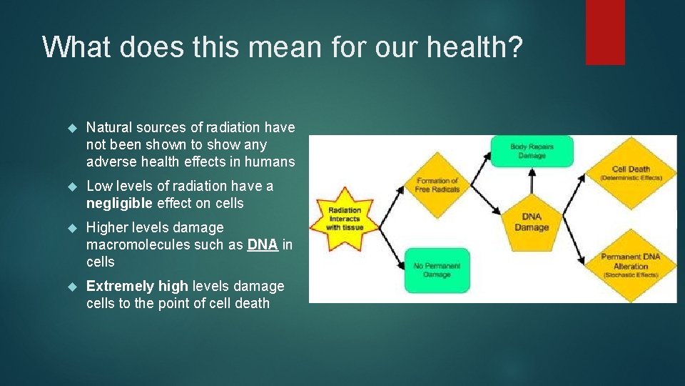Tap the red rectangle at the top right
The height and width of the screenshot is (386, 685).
pos(605,32)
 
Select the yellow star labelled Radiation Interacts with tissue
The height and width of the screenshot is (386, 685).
pos(345,219)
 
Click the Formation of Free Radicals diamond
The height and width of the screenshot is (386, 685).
pos(437,185)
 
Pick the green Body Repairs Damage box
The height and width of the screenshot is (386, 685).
pos(531,151)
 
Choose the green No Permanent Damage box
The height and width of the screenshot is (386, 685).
pos(437,269)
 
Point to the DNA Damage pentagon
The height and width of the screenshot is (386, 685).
pos(532,222)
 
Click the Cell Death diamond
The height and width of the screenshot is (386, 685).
pos(630,172)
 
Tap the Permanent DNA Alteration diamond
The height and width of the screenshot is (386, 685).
pos(630,264)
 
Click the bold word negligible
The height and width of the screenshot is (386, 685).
pos(119,204)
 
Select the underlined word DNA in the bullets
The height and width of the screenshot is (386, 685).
pos(263,244)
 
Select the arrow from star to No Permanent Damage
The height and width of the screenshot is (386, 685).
pos(385,244)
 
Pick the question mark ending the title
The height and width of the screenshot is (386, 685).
pos(515,47)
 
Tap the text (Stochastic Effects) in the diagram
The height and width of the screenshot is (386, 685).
pos(630,275)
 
